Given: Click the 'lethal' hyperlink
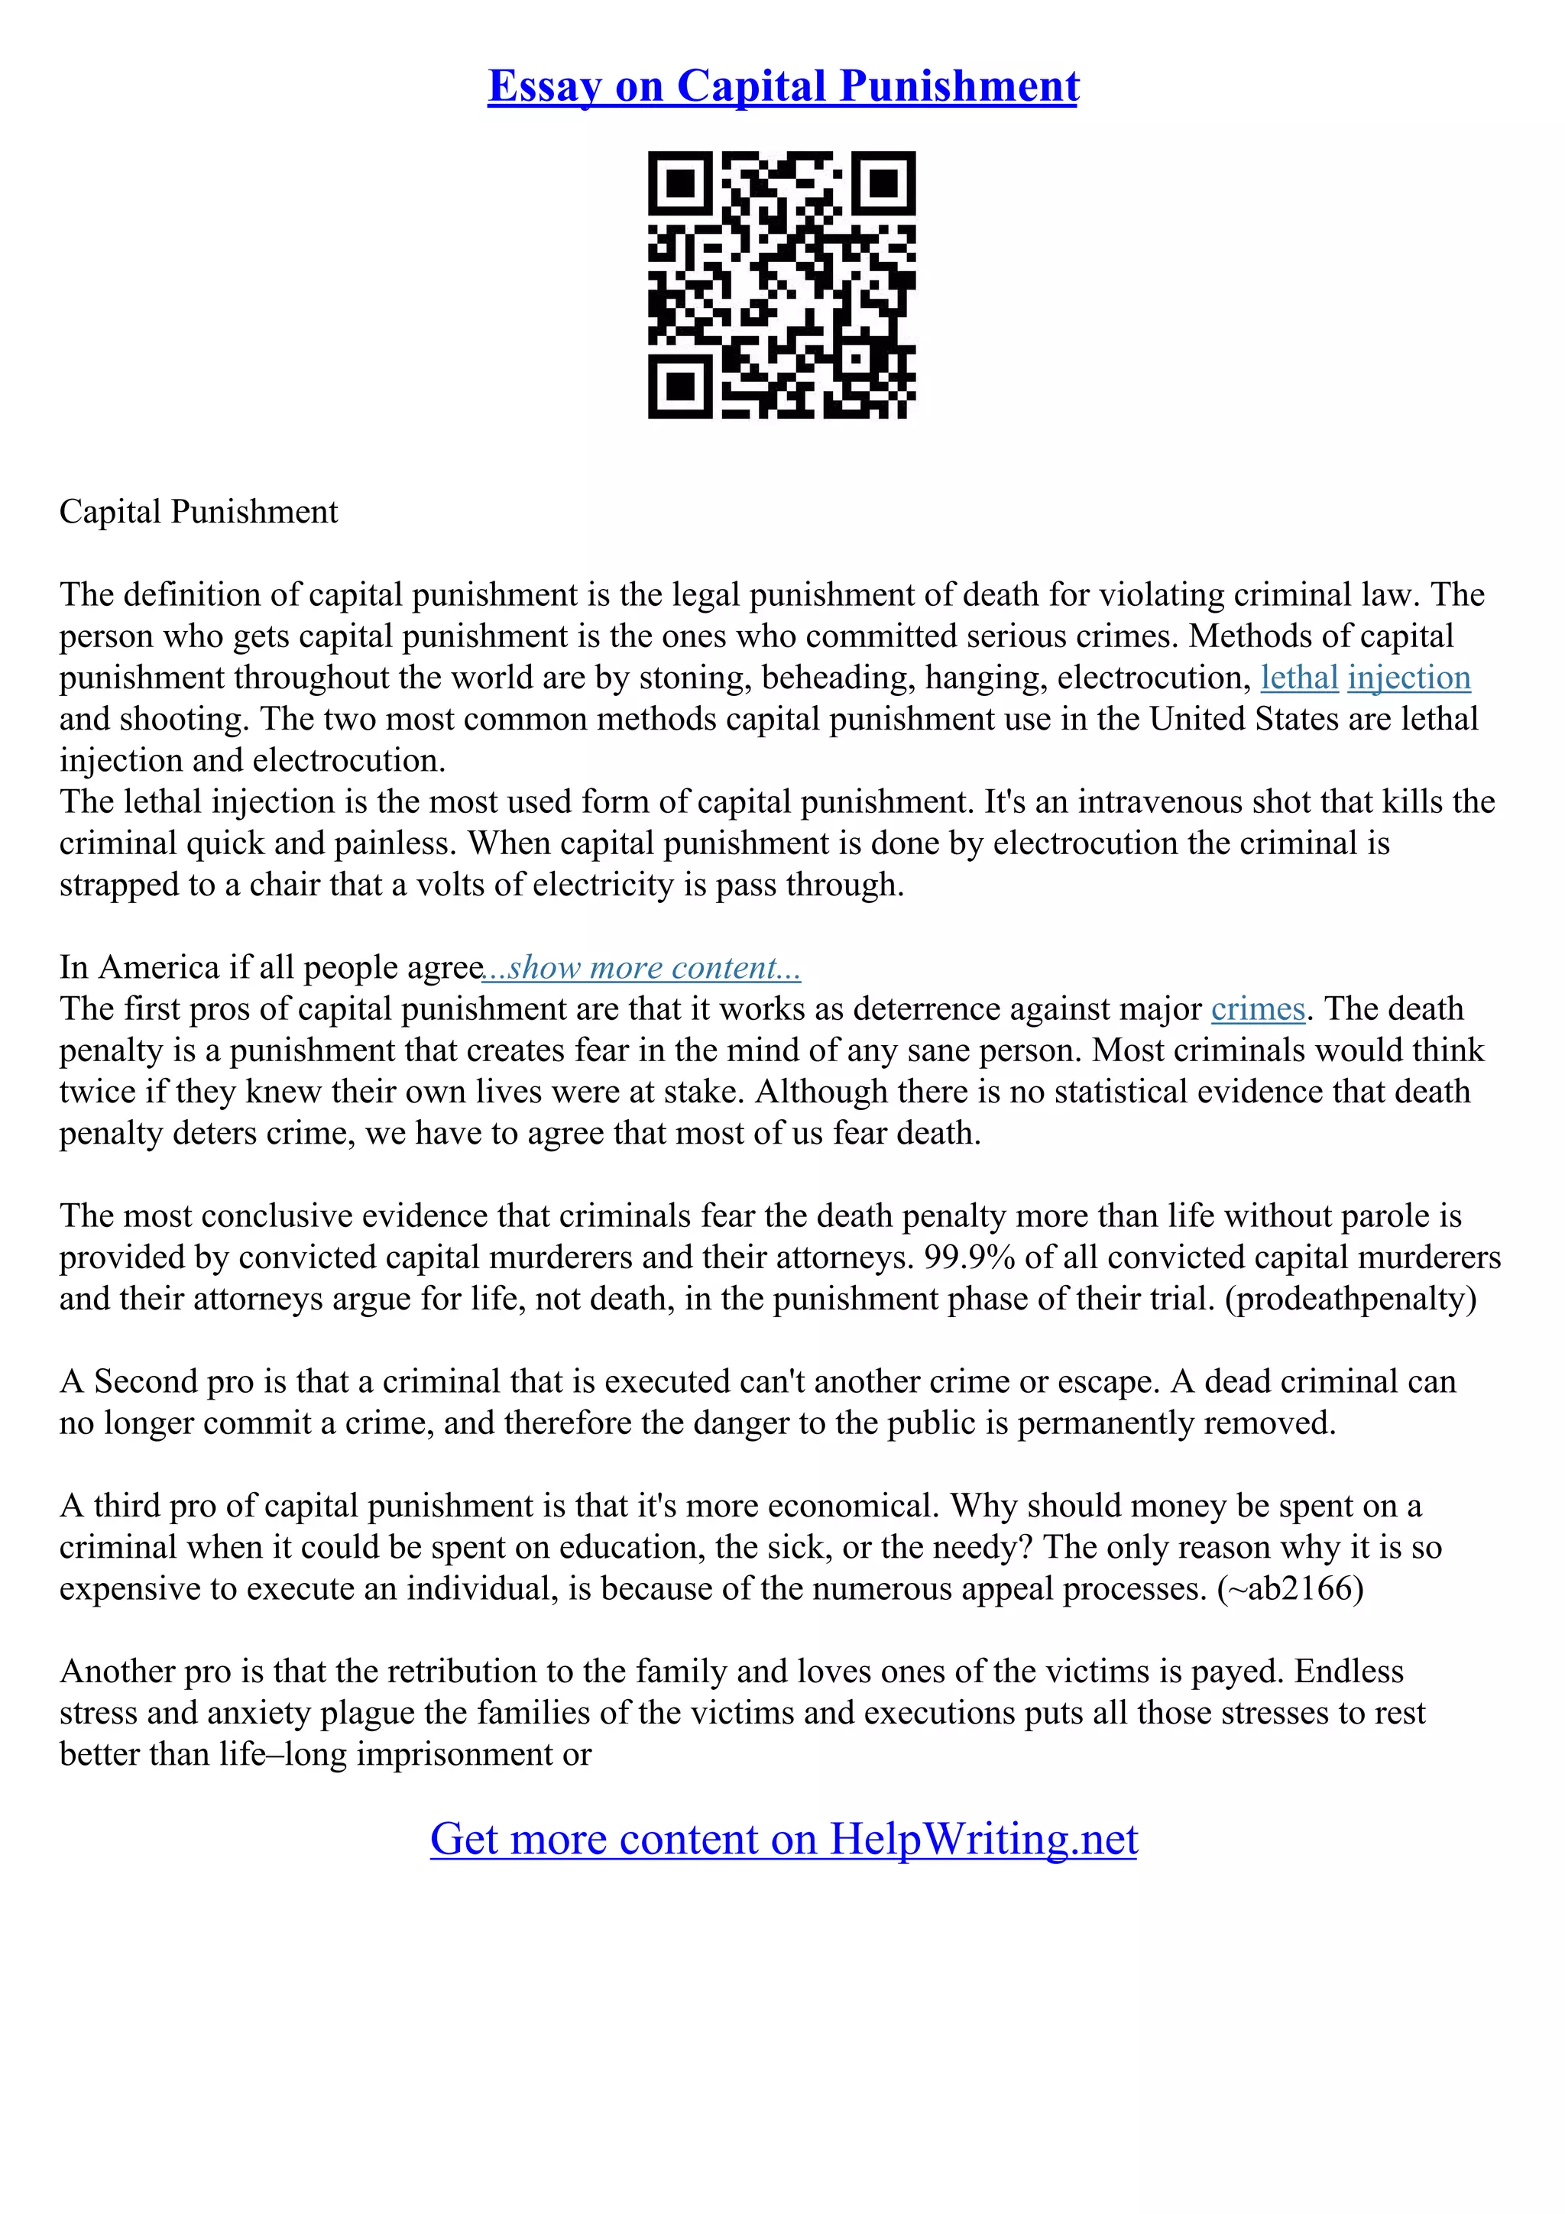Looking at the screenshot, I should pyautogui.click(x=1299, y=677).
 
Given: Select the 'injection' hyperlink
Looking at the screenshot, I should pyautogui.click(x=1409, y=677).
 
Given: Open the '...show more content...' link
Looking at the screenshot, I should pyautogui.click(x=642, y=967).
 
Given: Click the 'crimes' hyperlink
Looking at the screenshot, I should pyautogui.click(x=1257, y=1008).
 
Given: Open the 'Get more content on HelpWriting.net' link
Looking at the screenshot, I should pyautogui.click(x=783, y=1838).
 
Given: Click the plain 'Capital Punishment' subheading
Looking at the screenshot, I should pyautogui.click(x=199, y=511).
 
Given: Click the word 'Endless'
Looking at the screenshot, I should pyautogui.click(x=1349, y=1671).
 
